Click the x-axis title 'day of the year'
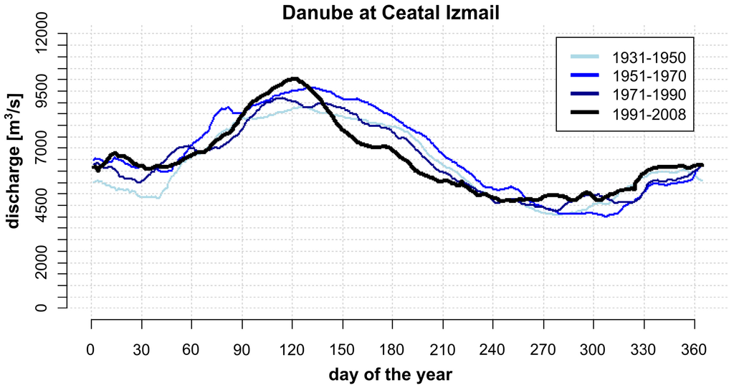[391, 374]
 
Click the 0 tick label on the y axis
[45, 308]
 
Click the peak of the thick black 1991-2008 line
[293, 79]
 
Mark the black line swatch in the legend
[585, 113]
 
